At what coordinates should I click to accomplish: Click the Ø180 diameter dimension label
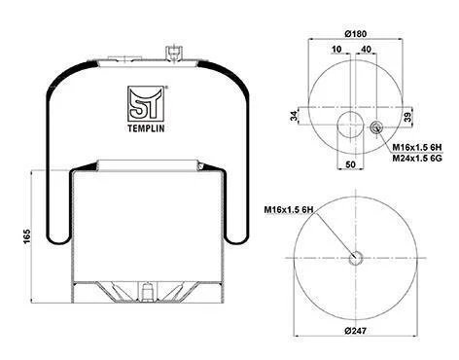[x=355, y=33]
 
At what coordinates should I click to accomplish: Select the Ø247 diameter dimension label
[x=355, y=331]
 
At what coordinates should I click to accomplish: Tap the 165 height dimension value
[x=26, y=236]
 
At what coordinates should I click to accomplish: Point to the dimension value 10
[x=336, y=49]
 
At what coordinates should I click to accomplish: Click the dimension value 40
[x=366, y=49]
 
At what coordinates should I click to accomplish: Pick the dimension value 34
[x=294, y=116]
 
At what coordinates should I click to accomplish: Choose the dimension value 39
[x=408, y=117]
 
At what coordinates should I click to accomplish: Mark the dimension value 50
[x=350, y=164]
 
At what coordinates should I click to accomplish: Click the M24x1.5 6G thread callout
[x=417, y=159]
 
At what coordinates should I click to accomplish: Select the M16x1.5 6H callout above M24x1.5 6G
[x=417, y=148]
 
